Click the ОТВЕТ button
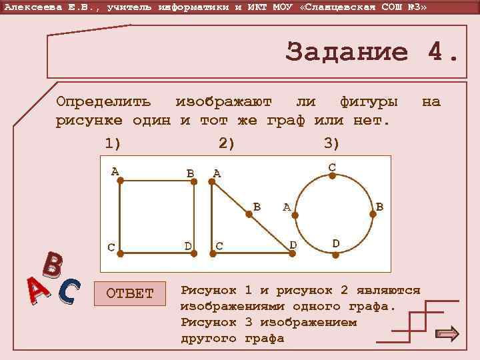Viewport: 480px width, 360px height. coord(130,293)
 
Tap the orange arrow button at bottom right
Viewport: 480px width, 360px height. coord(446,333)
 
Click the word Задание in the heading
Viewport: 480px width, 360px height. coord(346,52)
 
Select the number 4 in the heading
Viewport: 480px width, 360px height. coord(437,52)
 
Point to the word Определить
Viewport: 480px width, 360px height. coord(103,102)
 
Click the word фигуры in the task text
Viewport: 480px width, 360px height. coord(369,102)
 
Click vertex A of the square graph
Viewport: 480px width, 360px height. coord(120,180)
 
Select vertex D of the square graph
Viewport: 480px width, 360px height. coord(195,253)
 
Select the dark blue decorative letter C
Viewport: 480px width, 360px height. coord(69,291)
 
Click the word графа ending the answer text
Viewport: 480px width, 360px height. coord(265,339)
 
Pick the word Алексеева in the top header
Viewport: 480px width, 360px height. coord(29,7)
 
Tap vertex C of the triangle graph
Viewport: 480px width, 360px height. coord(212,253)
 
